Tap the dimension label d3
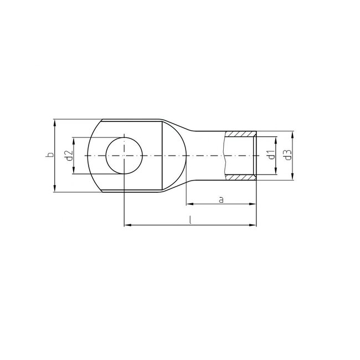[x=287, y=156]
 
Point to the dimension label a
[x=221, y=199]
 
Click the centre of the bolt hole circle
[x=125, y=156]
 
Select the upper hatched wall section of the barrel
[x=241, y=134]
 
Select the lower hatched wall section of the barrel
[x=241, y=177]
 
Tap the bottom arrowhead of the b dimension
[x=55, y=189]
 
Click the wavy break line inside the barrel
[x=225, y=156]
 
